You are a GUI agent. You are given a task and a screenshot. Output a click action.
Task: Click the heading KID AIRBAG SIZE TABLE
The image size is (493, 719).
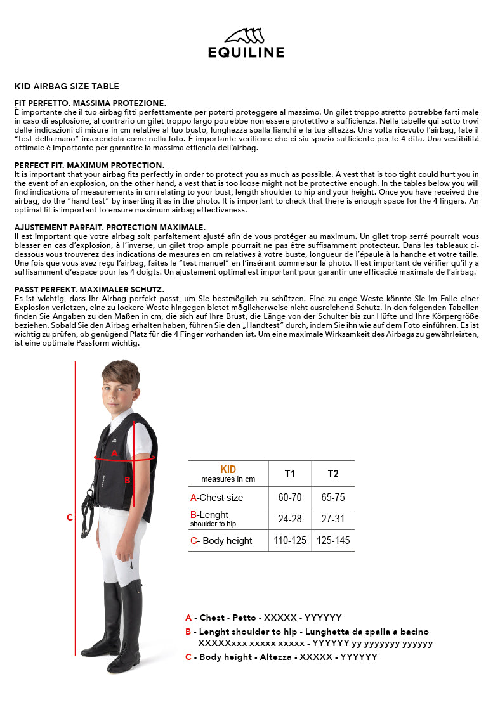tap(67, 86)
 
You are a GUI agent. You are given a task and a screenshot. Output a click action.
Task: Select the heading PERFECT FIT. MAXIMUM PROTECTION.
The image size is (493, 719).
tap(89, 165)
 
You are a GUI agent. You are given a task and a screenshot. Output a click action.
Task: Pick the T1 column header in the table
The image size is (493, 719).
tap(290, 474)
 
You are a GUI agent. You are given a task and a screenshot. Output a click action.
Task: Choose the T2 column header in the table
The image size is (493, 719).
tap(333, 474)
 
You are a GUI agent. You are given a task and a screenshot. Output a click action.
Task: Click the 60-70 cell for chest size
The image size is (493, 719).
tap(290, 498)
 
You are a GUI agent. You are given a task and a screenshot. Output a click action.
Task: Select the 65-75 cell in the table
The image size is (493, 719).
tap(333, 498)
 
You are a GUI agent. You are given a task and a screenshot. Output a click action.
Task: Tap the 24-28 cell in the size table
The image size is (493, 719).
tap(290, 519)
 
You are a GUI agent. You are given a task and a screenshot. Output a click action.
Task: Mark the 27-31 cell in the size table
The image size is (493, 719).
tap(333, 519)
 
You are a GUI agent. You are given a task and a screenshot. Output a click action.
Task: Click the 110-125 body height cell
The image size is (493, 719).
tap(290, 541)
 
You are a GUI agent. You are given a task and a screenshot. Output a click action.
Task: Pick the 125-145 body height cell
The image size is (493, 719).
tap(333, 541)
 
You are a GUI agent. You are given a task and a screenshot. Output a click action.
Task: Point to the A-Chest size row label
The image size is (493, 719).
tap(216, 498)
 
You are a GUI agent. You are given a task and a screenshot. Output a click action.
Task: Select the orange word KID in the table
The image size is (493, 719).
tap(228, 469)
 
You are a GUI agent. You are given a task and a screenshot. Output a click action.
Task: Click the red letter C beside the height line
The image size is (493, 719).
tap(70, 517)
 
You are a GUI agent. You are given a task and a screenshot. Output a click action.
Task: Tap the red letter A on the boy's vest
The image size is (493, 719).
tap(114, 453)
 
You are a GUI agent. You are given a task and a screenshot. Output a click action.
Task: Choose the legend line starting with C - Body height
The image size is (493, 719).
tap(281, 657)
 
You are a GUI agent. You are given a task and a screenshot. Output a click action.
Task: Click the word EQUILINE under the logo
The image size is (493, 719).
tap(246, 53)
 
